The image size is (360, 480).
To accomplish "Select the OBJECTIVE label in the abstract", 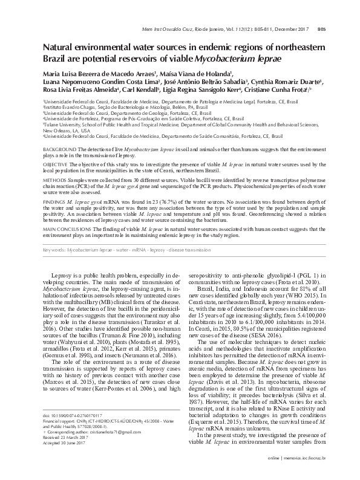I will [x=54, y=164].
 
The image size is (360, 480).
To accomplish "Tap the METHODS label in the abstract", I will [x=53, y=180].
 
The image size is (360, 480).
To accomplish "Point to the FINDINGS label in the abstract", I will [x=54, y=202].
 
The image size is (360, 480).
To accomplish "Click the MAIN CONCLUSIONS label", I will [x=68, y=229].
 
